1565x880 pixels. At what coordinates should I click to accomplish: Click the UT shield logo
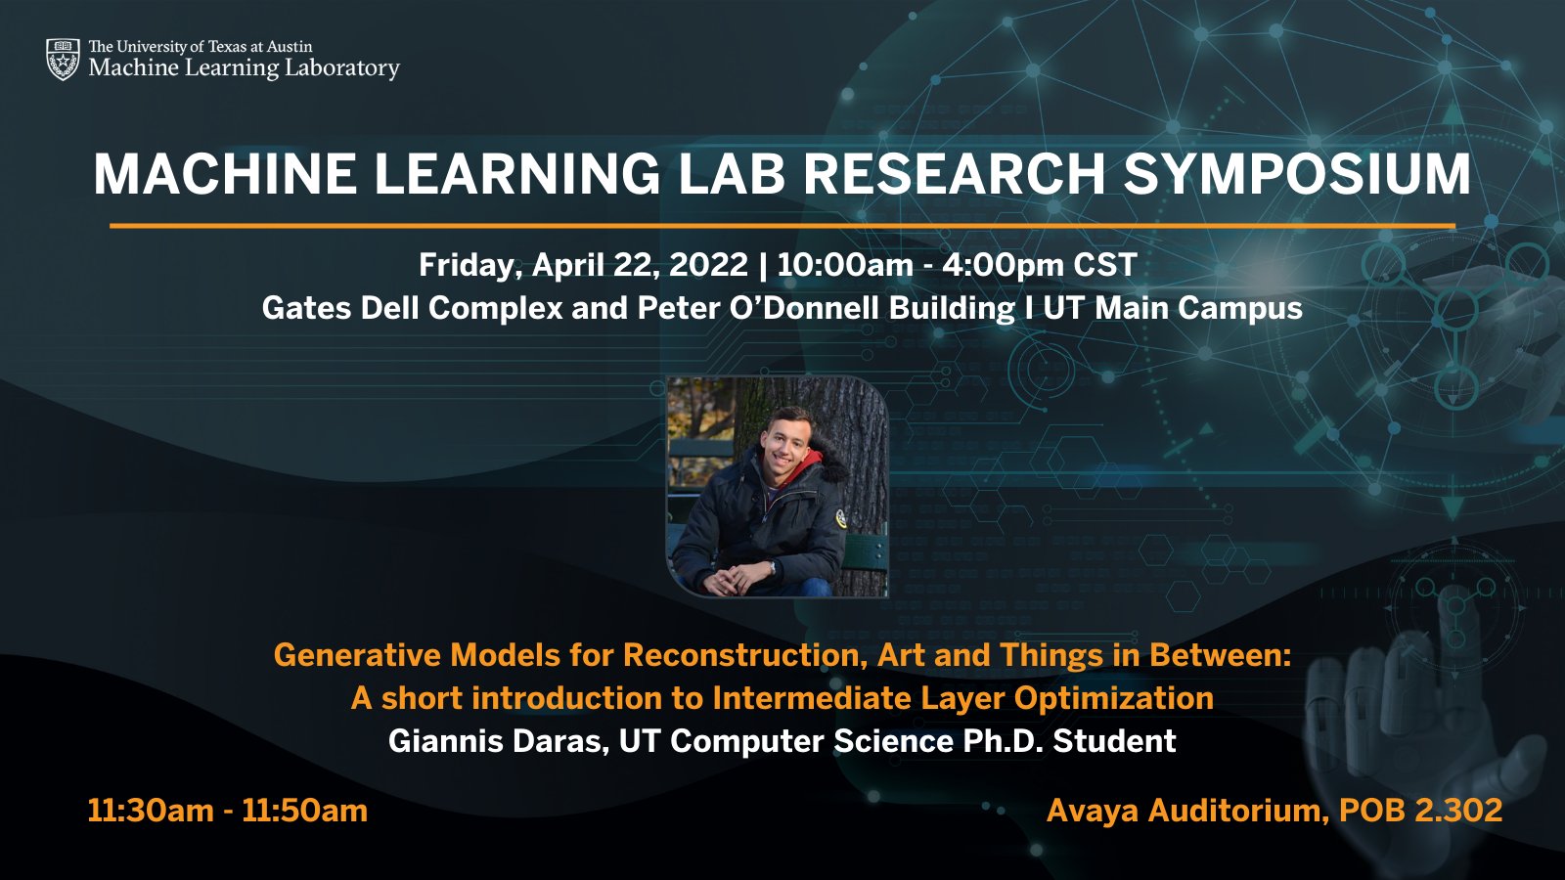pyautogui.click(x=63, y=59)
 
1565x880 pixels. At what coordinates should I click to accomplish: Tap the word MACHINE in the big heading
pyautogui.click(x=225, y=174)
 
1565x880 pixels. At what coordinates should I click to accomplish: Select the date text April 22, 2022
pyautogui.click(x=640, y=265)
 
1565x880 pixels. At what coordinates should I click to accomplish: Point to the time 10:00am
pyautogui.click(x=844, y=265)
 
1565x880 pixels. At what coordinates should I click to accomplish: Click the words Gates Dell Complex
pyautogui.click(x=412, y=308)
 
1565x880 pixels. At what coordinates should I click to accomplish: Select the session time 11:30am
pyautogui.click(x=150, y=811)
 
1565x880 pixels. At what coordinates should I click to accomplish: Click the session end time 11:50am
pyautogui.click(x=304, y=811)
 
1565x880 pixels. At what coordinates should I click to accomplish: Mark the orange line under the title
pyautogui.click(x=782, y=226)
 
